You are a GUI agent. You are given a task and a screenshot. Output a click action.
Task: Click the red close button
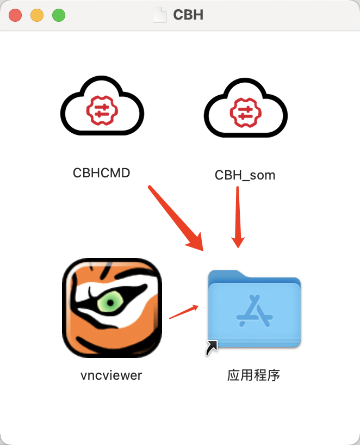pos(15,15)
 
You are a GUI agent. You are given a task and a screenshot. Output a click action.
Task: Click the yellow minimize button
pos(37,15)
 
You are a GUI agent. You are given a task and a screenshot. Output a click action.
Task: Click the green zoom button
pos(59,15)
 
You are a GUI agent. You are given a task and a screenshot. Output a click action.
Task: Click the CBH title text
pos(188,15)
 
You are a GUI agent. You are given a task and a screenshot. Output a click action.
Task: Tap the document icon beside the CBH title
pos(160,14)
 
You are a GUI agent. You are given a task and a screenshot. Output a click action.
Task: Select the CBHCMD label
pos(102,172)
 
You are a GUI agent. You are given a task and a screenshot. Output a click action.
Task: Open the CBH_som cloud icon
pos(245,109)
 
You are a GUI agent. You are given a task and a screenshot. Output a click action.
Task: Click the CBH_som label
pos(245,175)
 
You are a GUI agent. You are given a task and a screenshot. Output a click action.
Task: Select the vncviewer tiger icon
pos(112,307)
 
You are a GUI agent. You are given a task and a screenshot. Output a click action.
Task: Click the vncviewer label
pos(111,375)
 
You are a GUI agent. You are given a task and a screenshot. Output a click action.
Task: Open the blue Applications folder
pos(255,308)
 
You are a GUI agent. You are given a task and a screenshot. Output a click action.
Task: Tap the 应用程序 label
pos(253,375)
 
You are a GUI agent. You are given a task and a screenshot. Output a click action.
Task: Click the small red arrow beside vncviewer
pos(184,311)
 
